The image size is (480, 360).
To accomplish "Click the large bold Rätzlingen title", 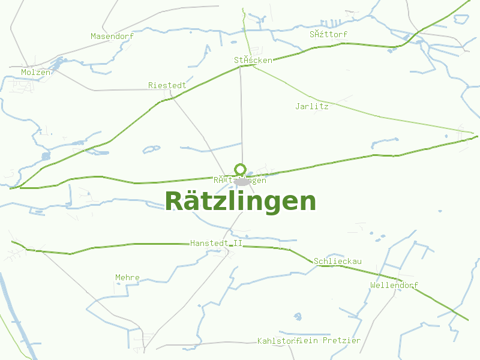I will click(240, 202).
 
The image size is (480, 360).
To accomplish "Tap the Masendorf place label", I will click(112, 36).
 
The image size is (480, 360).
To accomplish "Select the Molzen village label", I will click(35, 72).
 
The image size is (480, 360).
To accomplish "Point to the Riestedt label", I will click(167, 85).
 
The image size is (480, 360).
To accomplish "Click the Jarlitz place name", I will click(312, 106).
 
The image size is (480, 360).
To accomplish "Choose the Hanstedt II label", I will click(216, 243).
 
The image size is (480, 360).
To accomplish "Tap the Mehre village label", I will click(127, 277).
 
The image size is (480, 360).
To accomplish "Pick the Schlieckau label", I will click(337, 261).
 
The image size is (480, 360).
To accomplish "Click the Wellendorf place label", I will click(394, 285).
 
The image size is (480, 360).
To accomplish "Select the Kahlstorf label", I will click(277, 341).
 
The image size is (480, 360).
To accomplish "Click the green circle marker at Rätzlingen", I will click(241, 169).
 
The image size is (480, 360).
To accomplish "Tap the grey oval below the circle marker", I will click(242, 181).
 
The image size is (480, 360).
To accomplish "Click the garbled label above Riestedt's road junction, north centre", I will click(253, 60).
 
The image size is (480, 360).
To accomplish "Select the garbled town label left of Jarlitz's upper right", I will click(328, 34).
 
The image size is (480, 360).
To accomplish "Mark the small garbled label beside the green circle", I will click(240, 180).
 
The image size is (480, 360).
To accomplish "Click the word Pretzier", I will click(341, 340).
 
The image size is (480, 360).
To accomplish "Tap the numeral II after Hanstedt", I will click(238, 243).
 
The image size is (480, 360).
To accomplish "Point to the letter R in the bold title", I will click(174, 202).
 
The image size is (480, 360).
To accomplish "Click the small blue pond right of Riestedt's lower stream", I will click(151, 149).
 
